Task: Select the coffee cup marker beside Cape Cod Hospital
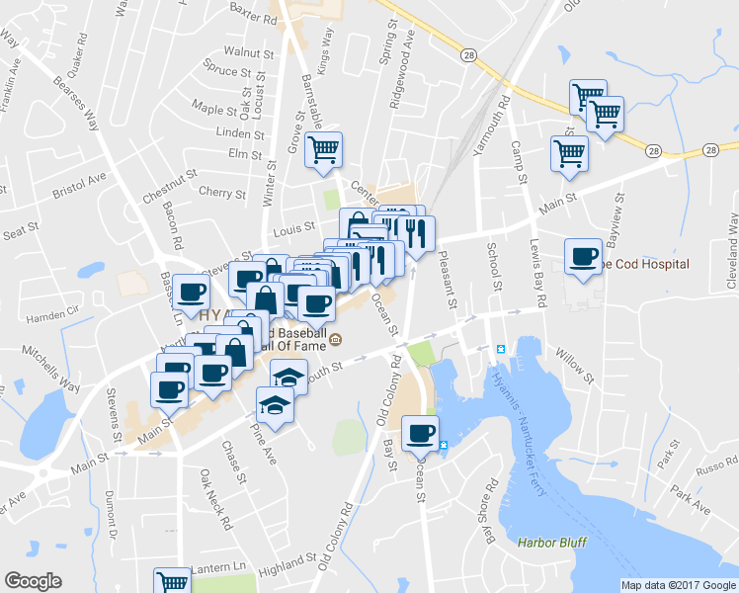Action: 583,258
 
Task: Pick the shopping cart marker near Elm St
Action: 323,151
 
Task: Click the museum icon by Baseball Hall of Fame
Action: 335,342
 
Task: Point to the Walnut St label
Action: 249,50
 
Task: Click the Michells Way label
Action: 54,369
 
